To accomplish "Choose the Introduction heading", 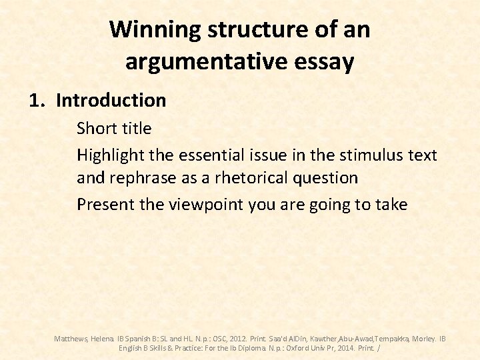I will [111, 101].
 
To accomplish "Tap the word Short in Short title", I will [96, 128].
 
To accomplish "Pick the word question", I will [326, 178].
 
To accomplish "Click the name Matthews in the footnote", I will [69, 339].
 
